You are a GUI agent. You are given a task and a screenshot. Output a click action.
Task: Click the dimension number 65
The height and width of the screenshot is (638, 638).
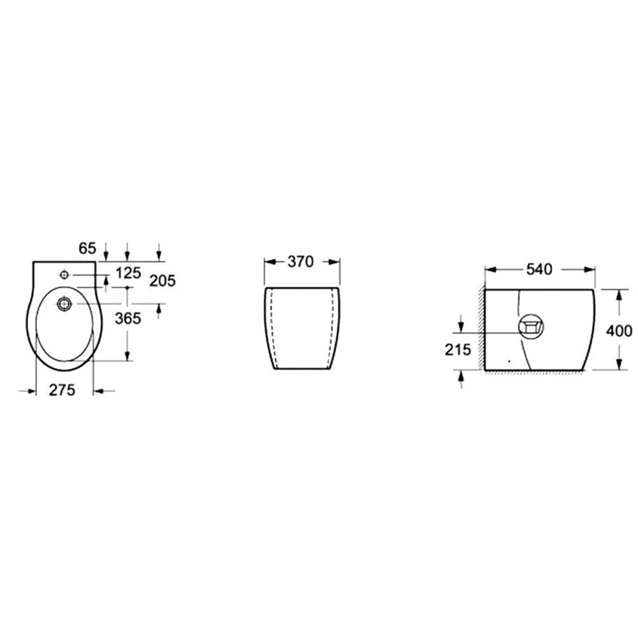pyautogui.click(x=87, y=248)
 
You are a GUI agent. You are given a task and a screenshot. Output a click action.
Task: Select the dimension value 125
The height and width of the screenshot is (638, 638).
pyautogui.click(x=128, y=273)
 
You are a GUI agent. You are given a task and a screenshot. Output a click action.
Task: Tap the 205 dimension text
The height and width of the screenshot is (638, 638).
pyautogui.click(x=162, y=281)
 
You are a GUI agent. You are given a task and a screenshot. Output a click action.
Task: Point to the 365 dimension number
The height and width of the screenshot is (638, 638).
pyautogui.click(x=128, y=318)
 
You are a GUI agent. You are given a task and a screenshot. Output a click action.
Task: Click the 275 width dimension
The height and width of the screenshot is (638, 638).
pyautogui.click(x=63, y=390)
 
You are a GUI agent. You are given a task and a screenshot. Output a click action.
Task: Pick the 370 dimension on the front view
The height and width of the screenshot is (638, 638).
pyautogui.click(x=300, y=262)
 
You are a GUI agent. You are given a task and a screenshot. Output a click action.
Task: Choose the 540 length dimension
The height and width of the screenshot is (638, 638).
pyautogui.click(x=539, y=269)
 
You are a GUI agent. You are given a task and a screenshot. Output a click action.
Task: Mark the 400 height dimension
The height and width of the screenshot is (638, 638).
pyautogui.click(x=619, y=330)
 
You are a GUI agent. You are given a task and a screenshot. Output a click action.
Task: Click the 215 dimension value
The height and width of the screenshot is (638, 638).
pyautogui.click(x=457, y=350)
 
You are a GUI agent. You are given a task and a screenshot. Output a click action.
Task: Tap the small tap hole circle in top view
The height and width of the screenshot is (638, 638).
pyautogui.click(x=64, y=275)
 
